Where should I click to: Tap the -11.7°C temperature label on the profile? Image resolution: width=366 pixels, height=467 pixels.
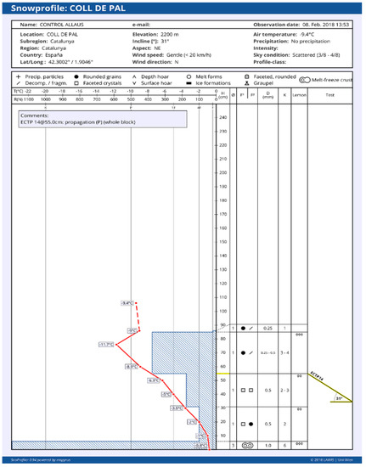point(106,344)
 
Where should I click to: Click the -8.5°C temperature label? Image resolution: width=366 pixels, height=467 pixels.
point(131,367)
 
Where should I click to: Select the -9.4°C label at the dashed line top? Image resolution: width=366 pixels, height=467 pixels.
point(128,303)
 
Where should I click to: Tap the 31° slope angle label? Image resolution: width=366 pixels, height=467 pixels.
point(341,397)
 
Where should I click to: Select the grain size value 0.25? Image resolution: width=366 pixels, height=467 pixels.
point(267,328)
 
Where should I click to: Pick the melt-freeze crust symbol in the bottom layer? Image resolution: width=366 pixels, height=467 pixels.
point(246,444)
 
